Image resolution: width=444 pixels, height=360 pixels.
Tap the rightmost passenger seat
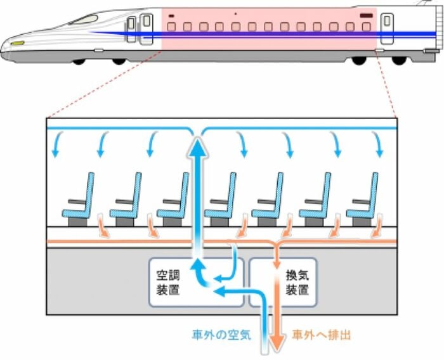pyautogui.click(x=362, y=200)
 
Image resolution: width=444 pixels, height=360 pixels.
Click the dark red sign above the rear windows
pyautogui.click(x=366, y=15)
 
